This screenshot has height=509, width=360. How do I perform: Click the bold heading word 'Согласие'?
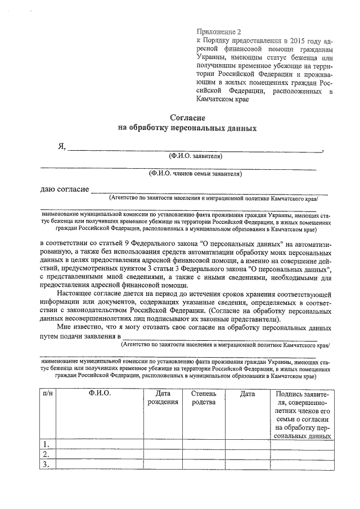click(187, 118)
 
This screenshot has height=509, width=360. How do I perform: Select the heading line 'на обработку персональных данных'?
click(187, 128)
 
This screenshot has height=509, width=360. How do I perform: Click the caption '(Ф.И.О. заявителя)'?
click(191, 156)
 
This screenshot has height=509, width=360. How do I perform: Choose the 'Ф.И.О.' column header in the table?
click(100, 394)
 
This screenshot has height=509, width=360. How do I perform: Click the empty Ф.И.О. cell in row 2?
click(100, 454)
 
